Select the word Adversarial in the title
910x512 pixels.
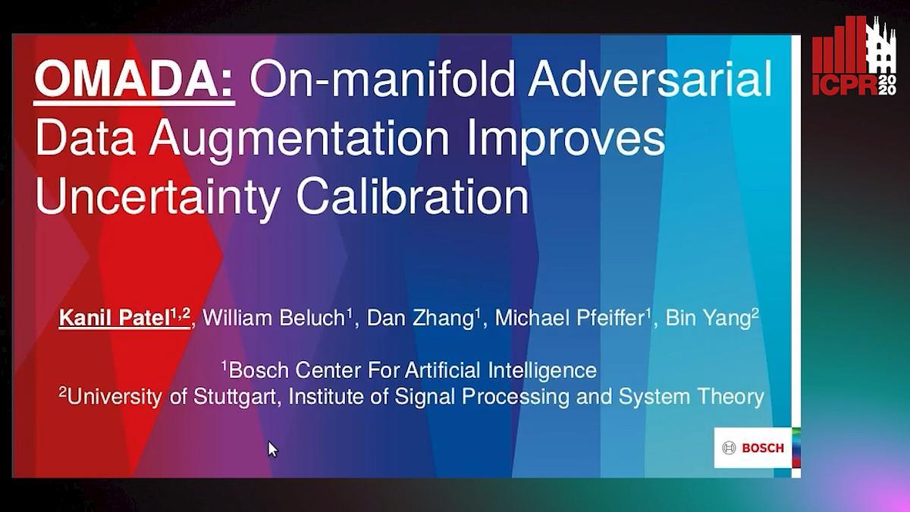pos(650,78)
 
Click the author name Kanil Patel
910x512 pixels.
pos(115,317)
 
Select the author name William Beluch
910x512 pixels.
pos(274,317)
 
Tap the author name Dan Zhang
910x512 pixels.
pos(420,318)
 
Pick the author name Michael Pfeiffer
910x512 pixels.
pos(570,317)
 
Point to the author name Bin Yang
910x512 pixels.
pos(708,318)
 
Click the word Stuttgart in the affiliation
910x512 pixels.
pos(234,397)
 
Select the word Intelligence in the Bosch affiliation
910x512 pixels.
pos(542,371)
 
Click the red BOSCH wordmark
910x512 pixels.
pos(763,448)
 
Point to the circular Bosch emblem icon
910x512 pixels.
pos(730,448)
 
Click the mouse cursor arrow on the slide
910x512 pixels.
pos(272,449)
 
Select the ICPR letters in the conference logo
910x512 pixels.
pos(845,84)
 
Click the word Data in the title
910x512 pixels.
pos(85,138)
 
